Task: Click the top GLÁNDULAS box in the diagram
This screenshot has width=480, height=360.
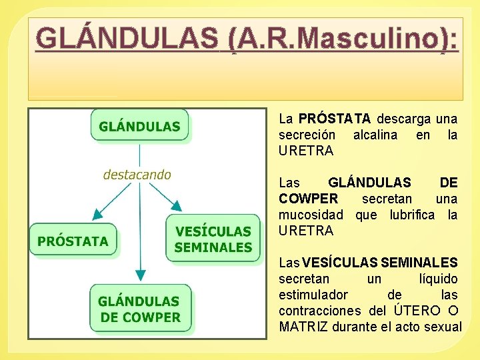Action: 139,127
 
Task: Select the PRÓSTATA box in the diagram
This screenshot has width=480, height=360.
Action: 73,241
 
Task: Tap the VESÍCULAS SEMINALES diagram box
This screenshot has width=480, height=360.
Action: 213,239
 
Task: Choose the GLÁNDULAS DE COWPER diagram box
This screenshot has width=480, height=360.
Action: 140,309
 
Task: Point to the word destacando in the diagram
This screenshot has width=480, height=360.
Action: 137,175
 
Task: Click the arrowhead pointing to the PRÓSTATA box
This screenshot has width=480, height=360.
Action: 97,213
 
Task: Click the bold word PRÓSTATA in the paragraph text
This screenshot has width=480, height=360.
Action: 335,119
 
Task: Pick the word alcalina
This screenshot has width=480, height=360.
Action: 375,135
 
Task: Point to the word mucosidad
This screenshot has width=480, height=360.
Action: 311,215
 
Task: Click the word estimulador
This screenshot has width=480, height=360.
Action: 313,295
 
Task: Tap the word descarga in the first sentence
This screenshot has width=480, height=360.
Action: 404,119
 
